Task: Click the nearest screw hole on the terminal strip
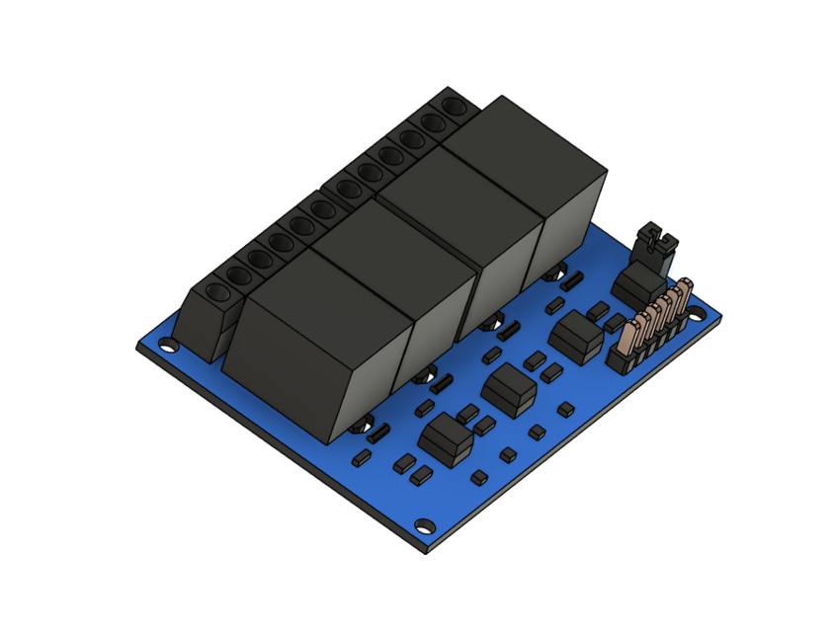pos(214,294)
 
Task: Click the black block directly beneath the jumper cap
pos(637,286)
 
